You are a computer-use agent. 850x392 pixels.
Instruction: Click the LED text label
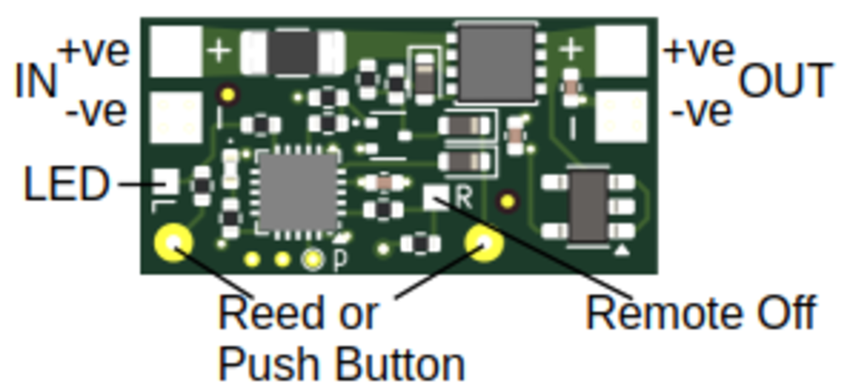[66, 185]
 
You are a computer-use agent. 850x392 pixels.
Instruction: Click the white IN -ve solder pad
[176, 116]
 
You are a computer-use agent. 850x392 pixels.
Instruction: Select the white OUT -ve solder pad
[621, 116]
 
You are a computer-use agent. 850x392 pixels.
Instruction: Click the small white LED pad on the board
[165, 179]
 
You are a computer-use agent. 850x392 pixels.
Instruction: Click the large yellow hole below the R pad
[484, 245]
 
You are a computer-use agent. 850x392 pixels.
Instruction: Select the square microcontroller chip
[297, 192]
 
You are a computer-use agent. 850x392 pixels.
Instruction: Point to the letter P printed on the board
[339, 260]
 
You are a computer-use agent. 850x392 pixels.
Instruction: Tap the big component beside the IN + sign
[294, 52]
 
